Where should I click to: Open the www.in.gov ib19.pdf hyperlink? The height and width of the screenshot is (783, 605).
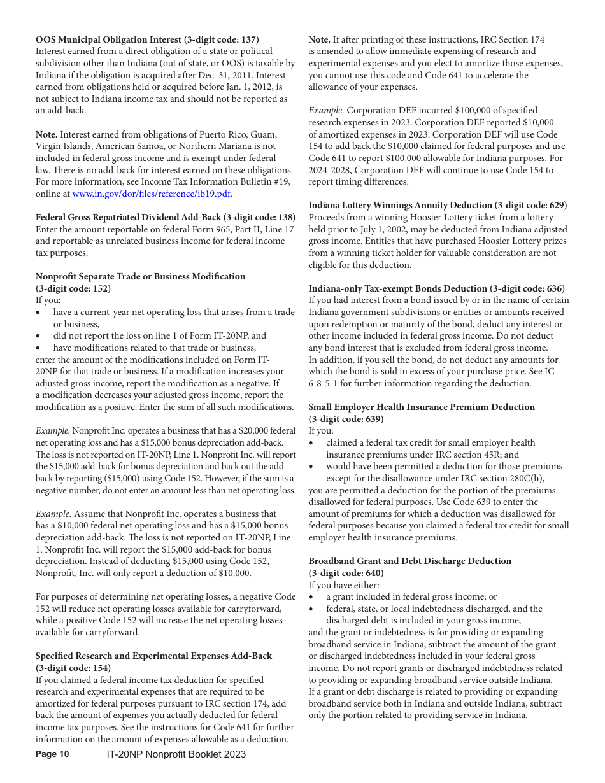click(152, 194)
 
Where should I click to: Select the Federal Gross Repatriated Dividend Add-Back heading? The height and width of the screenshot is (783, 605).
click(165, 217)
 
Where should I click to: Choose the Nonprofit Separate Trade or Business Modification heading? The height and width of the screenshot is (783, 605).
click(140, 276)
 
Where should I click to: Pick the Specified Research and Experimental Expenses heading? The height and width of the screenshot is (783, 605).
click(153, 656)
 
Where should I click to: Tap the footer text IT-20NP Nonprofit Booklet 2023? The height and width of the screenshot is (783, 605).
click(176, 754)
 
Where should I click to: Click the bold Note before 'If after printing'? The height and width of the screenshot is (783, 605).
click(319, 39)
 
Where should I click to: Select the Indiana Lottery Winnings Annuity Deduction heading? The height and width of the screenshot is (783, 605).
click(438, 205)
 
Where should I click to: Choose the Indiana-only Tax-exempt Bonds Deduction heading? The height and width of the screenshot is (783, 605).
click(436, 288)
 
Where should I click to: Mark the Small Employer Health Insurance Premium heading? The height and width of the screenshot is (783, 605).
click(422, 407)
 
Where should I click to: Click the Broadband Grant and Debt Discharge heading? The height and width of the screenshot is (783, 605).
click(409, 561)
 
